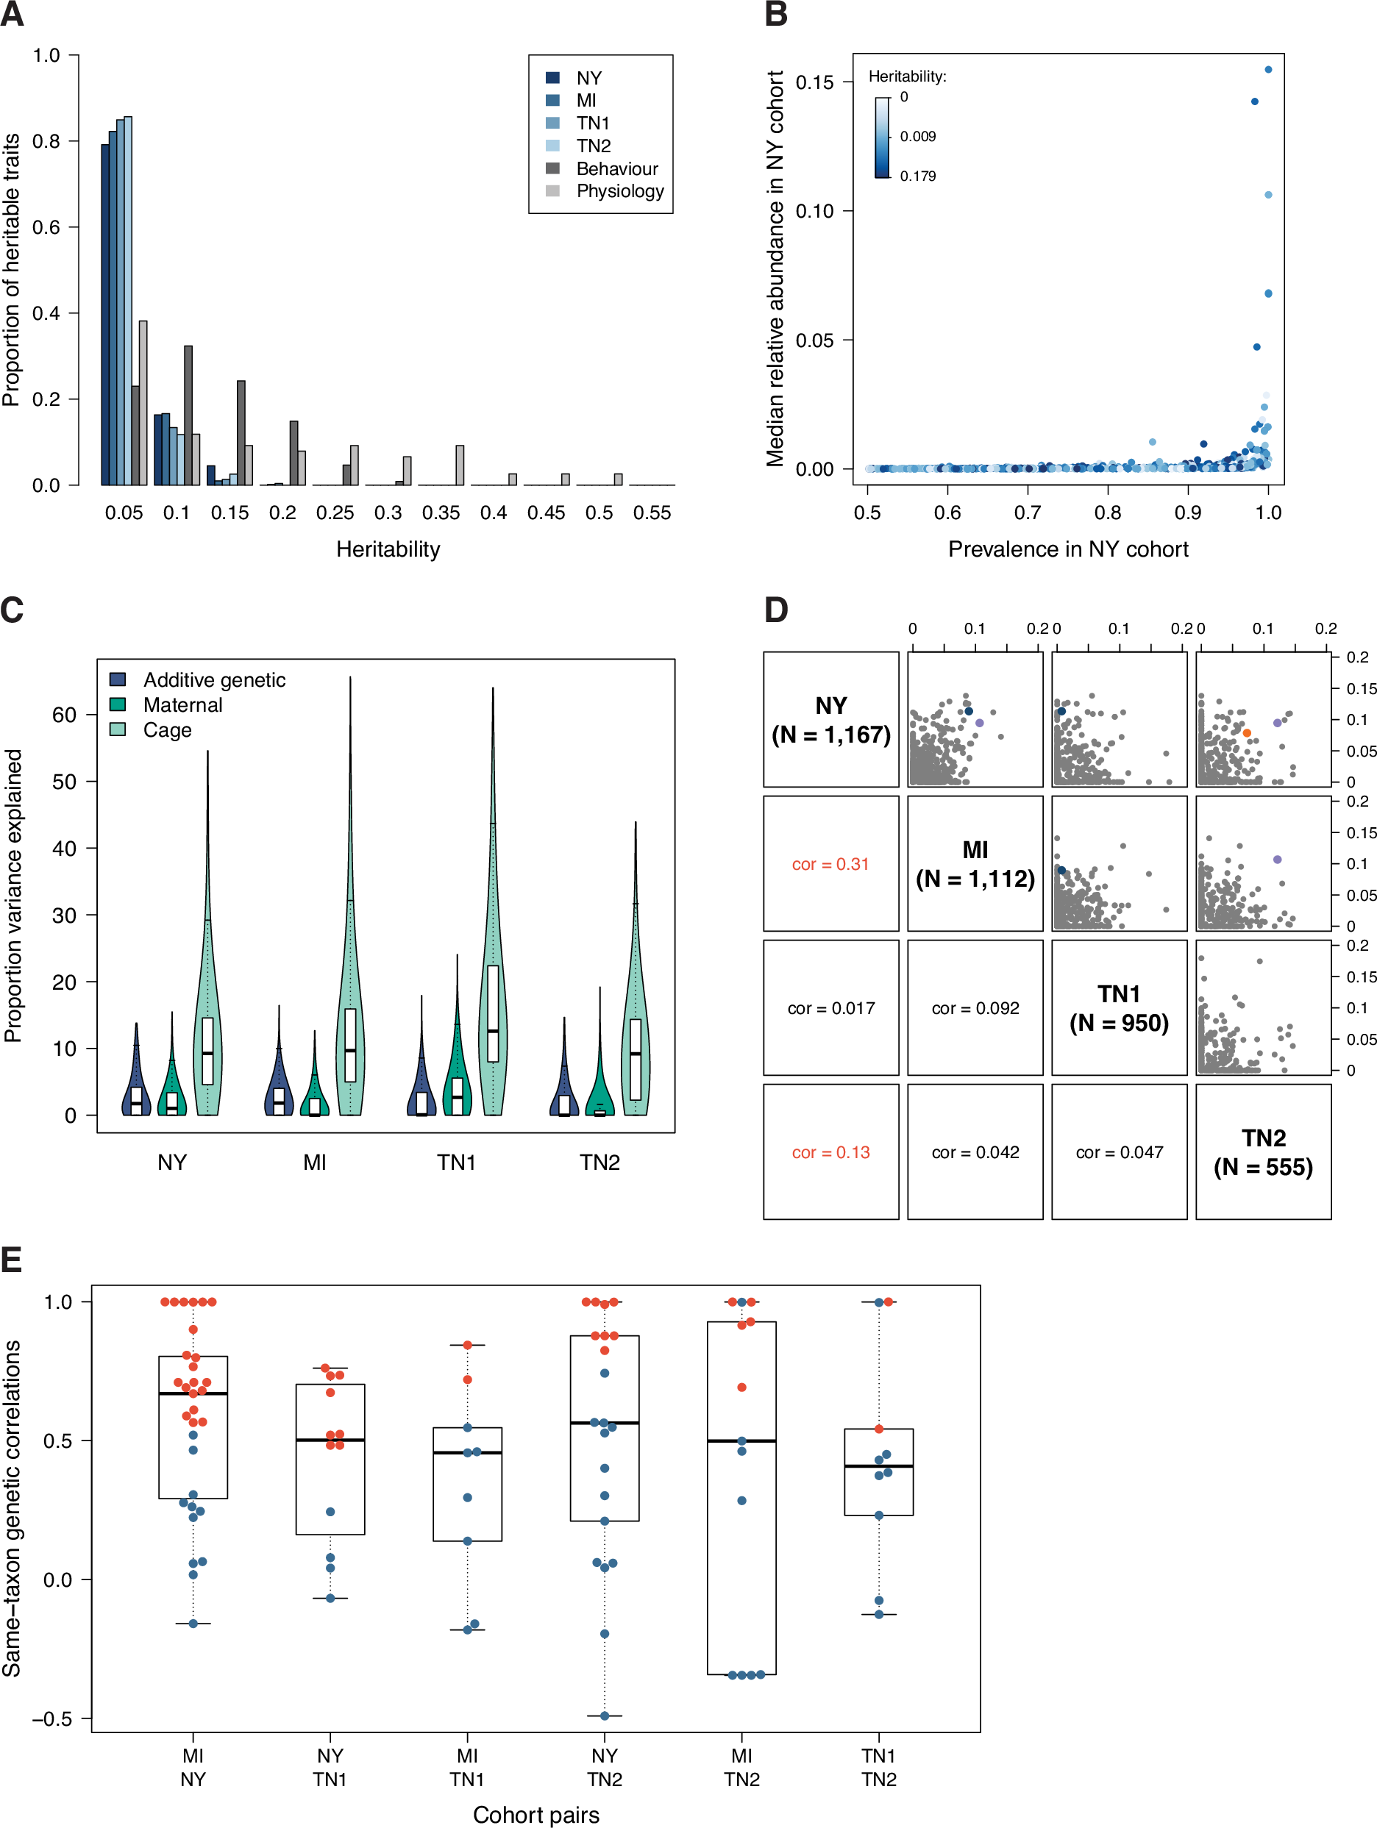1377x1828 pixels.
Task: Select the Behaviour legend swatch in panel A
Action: (553, 168)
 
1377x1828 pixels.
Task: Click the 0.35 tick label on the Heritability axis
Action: (441, 513)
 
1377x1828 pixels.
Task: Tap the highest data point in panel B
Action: (1268, 69)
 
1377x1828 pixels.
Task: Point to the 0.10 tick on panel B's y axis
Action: (814, 211)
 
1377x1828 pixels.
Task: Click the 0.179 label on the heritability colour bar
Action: (917, 176)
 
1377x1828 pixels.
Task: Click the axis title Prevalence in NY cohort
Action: (1068, 549)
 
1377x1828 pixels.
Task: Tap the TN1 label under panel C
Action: (456, 1162)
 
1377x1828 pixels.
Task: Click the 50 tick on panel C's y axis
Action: (65, 782)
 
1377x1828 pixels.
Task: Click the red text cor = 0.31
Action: (830, 865)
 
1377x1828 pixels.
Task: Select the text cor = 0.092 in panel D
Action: (975, 1008)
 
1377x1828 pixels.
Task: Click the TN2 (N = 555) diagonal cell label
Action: (1263, 1152)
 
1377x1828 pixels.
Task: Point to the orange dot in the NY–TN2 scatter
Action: (1246, 733)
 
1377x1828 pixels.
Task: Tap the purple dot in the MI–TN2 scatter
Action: (1277, 860)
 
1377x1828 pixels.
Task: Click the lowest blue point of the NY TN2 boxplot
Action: (604, 1715)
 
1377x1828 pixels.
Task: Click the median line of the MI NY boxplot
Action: (193, 1393)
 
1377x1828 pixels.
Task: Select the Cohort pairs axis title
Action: (535, 1814)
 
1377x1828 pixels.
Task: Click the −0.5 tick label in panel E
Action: (51, 1719)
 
